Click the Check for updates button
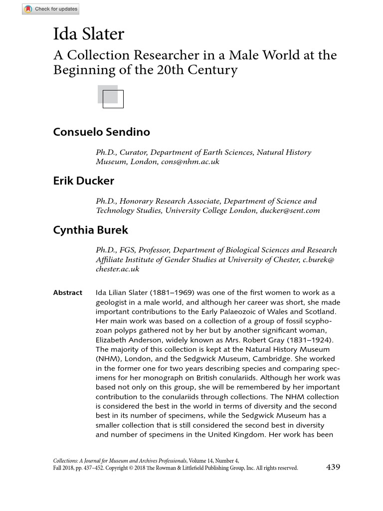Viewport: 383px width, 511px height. pos(50,9)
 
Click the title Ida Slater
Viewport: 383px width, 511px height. pos(88,34)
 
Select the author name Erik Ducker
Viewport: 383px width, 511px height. pos(83,181)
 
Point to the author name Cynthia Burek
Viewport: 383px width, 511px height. pos(90,230)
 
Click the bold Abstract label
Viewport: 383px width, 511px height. pos(67,292)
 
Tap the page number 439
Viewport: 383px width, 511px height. pos(333,467)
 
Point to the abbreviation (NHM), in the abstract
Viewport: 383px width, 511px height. pos(109,359)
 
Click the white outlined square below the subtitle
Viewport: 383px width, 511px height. pos(113,99)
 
